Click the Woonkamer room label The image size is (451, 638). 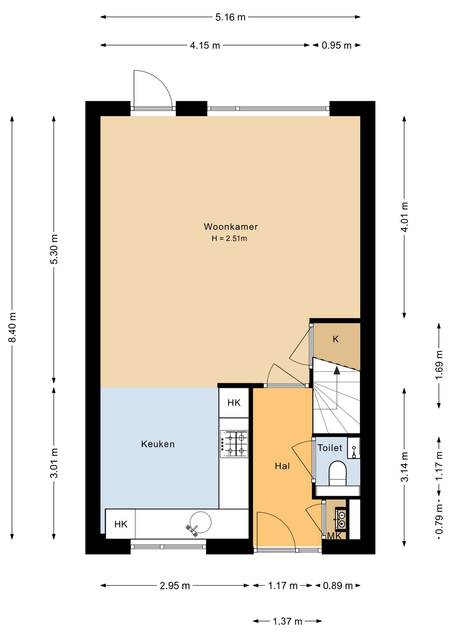tap(230, 227)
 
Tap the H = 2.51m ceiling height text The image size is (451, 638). tap(229, 238)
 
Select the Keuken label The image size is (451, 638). tap(158, 444)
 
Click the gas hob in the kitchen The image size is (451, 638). tap(234, 444)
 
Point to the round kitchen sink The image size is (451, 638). tap(200, 522)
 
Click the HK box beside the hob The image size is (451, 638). tap(234, 403)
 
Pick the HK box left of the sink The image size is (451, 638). tap(121, 524)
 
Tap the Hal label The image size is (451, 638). tap(282, 466)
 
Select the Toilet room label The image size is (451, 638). tap(330, 448)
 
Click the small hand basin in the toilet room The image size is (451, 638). tap(354, 448)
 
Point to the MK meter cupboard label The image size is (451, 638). tap(334, 536)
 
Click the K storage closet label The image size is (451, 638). tap(336, 339)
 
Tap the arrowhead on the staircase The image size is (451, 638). tap(337, 370)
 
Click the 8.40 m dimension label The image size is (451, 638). tap(13, 327)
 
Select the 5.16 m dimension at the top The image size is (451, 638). tap(230, 17)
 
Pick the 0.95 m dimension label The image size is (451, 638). tap(336, 46)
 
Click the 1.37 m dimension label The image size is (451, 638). tap(287, 621)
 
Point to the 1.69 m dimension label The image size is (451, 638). tap(439, 365)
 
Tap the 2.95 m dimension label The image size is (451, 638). tap(175, 586)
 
